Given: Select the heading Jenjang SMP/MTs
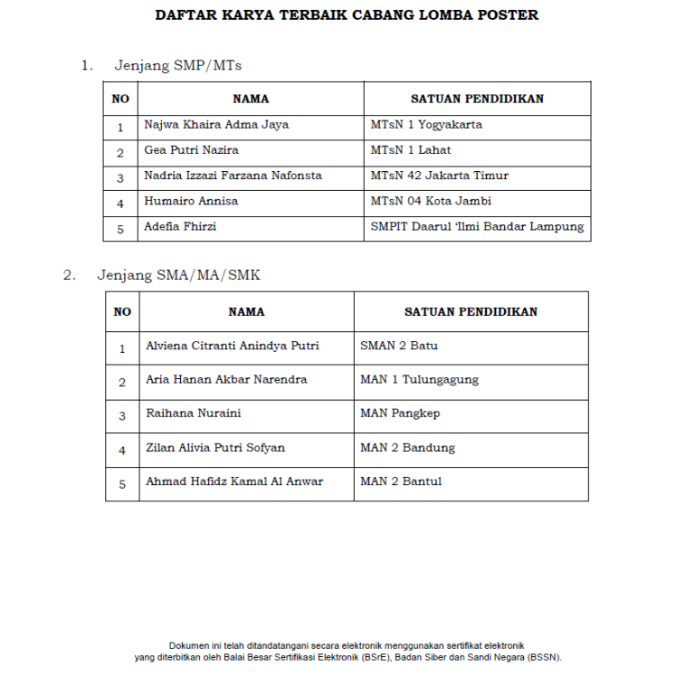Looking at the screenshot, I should [178, 65].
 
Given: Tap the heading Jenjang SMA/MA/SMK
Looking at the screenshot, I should [178, 275].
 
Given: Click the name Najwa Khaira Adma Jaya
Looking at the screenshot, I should [216, 125].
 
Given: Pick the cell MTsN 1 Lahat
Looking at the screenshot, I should [411, 150].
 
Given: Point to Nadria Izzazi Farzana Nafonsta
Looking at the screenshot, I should [233, 176].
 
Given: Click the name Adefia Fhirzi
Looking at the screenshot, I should [180, 226].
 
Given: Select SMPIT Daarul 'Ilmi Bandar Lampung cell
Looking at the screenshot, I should [477, 226].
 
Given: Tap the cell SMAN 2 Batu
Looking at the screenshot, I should [399, 346].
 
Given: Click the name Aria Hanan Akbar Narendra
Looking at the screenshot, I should [226, 379].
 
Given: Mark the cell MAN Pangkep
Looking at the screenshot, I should [400, 414].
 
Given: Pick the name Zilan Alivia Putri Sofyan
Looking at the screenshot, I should [215, 448].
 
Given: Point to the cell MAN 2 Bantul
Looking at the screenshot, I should [401, 481].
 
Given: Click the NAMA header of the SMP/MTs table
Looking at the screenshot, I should [251, 99].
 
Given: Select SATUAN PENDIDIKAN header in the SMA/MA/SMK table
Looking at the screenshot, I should [471, 311].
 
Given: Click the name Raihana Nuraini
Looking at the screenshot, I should [194, 414].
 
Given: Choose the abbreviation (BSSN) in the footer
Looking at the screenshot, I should [542, 658].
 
